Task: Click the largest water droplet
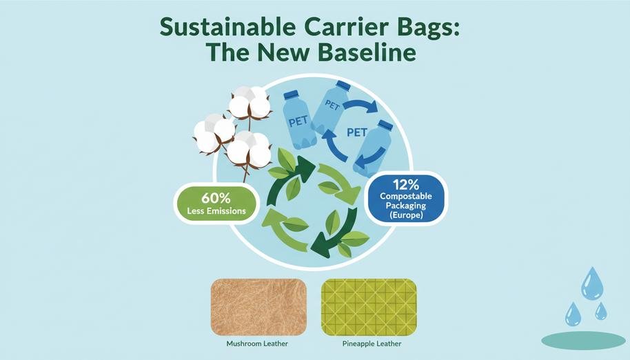pos(591,283)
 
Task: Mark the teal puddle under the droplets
pos(583,339)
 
